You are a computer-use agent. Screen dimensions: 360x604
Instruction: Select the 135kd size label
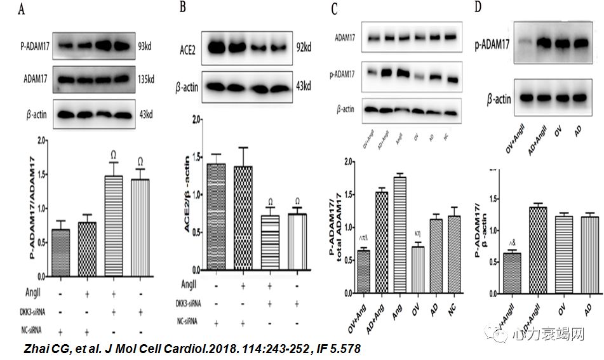click(145, 80)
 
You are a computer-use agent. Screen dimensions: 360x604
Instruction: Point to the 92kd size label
click(304, 47)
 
